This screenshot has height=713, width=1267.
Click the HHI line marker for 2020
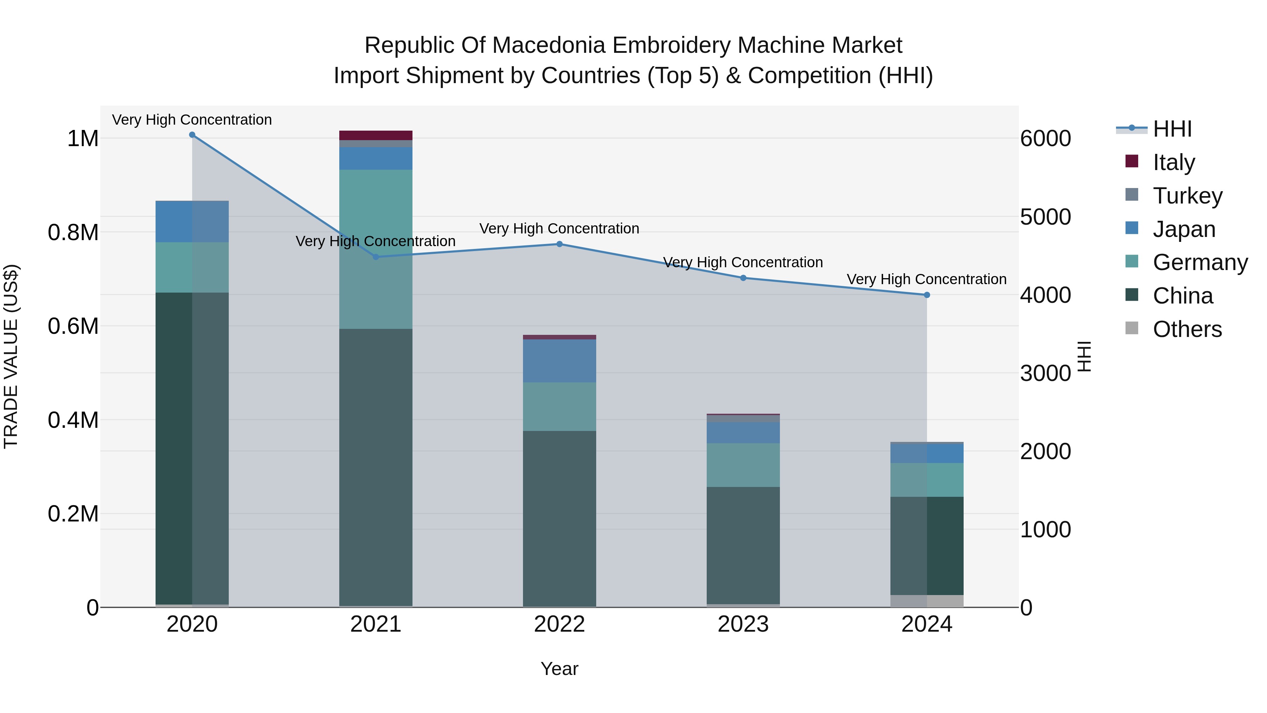(192, 135)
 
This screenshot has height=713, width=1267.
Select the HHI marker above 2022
(559, 244)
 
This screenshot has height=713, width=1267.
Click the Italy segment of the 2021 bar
(376, 135)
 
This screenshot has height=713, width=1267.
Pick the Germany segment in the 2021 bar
(376, 249)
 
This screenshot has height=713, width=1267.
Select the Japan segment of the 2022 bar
(559, 361)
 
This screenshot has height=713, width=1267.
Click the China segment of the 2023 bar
(743, 545)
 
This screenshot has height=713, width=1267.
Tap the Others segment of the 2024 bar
(927, 601)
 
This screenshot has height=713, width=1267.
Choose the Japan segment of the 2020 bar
(192, 221)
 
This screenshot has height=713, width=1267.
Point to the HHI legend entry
(1172, 129)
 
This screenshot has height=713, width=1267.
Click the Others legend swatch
(1132, 328)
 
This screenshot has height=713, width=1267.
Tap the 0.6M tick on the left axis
(73, 326)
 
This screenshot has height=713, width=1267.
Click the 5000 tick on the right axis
(1045, 217)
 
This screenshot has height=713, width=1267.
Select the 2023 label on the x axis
(743, 624)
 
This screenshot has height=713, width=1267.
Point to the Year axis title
(559, 669)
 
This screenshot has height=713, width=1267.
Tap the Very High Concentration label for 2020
(192, 120)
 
